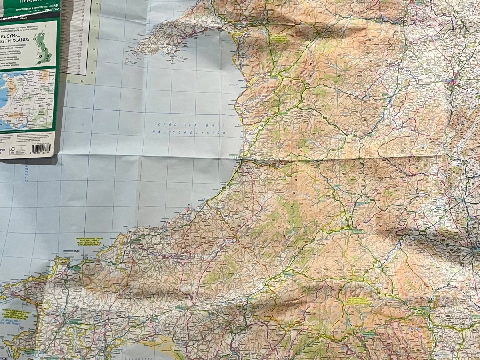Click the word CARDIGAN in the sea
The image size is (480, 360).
click(x=171, y=124)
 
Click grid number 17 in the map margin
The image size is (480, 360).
click(x=94, y=50)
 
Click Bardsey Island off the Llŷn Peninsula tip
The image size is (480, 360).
click(x=127, y=61)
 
